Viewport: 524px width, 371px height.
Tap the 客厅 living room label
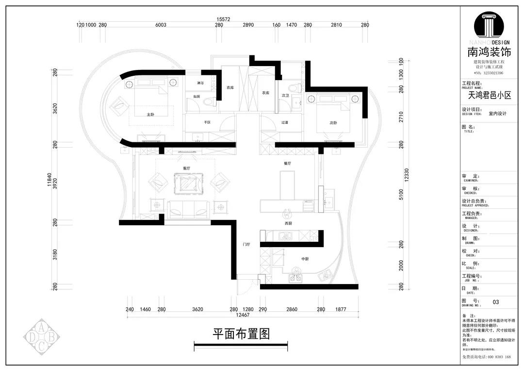pyautogui.click(x=186, y=168)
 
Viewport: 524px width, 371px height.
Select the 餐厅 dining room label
pyautogui.click(x=288, y=164)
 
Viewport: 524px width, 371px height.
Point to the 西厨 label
pyautogui.click(x=288, y=223)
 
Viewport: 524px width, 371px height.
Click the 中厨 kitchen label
pyautogui.click(x=305, y=259)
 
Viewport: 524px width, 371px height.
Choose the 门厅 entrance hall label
pyautogui.click(x=246, y=245)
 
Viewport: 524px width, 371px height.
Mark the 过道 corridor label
pyautogui.click(x=285, y=123)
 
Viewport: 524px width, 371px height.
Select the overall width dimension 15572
pyautogui.click(x=223, y=19)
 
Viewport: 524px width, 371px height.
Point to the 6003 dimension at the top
pyautogui.click(x=161, y=25)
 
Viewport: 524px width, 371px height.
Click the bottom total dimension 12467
pyautogui.click(x=243, y=315)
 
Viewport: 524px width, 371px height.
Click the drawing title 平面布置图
pyautogui.click(x=241, y=334)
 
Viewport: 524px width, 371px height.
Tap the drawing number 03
pyautogui.click(x=495, y=302)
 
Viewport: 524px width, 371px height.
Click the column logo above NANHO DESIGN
pyautogui.click(x=491, y=27)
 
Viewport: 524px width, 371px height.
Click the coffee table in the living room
pyautogui.click(x=187, y=184)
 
